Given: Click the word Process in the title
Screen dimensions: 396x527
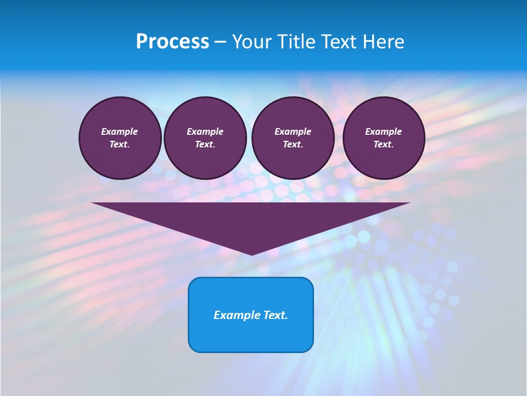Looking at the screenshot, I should point(172,42).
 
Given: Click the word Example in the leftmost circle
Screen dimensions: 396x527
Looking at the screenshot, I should point(120,131).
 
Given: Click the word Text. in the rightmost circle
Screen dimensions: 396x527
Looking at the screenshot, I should point(383,144).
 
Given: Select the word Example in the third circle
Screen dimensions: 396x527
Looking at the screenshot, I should point(293,131).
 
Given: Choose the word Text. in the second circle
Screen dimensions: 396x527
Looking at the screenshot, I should point(205,144).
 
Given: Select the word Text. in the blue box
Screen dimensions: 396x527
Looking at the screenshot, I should point(276,315).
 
